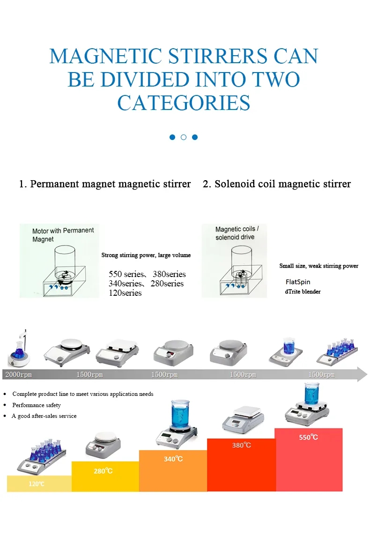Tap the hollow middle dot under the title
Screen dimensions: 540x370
tap(184, 137)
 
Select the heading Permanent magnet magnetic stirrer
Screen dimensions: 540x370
tap(110, 184)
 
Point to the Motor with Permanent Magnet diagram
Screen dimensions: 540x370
tap(59, 261)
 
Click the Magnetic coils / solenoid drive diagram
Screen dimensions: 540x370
tap(234, 261)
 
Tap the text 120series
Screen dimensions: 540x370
tap(125, 293)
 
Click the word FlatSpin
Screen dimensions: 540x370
tap(298, 282)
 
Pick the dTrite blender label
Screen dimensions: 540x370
tap(303, 292)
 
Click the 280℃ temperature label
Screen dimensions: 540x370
tap(103, 471)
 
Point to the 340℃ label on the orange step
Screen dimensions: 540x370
tap(173, 459)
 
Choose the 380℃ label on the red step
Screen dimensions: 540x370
tap(241, 445)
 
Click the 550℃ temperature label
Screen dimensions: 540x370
tap(309, 437)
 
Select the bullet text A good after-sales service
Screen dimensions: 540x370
tap(44, 416)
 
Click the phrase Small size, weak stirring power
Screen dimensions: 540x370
tap(318, 266)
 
